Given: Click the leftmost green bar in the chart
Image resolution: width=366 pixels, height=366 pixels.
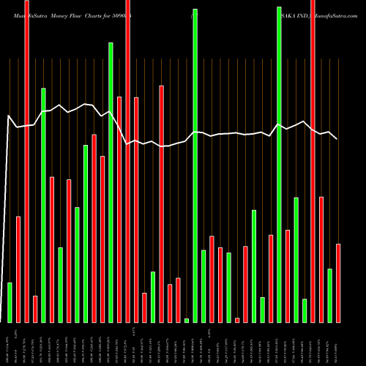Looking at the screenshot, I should click(10, 302).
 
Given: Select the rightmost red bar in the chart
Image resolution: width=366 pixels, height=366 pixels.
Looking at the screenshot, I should click(338, 283).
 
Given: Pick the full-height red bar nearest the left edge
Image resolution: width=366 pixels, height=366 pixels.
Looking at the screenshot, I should click(27, 161).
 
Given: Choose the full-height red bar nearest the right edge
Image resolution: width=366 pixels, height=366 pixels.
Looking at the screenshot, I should click(313, 161).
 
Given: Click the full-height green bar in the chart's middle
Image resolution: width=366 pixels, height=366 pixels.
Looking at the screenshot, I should click(195, 165).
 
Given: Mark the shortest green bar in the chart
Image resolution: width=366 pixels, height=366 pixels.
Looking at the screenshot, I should click(187, 320).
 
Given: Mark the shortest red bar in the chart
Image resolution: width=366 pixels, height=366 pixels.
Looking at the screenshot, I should click(237, 320).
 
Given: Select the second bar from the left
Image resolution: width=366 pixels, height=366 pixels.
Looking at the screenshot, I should click(18, 269).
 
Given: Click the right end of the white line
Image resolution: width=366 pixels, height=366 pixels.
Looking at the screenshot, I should click(337, 139).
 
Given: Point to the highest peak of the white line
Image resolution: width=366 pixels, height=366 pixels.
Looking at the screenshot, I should click(86, 104).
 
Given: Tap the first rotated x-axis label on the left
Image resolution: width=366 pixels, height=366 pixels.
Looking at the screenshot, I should click(10, 344).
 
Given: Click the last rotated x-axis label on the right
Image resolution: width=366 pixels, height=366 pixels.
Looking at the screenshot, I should click(338, 344).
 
